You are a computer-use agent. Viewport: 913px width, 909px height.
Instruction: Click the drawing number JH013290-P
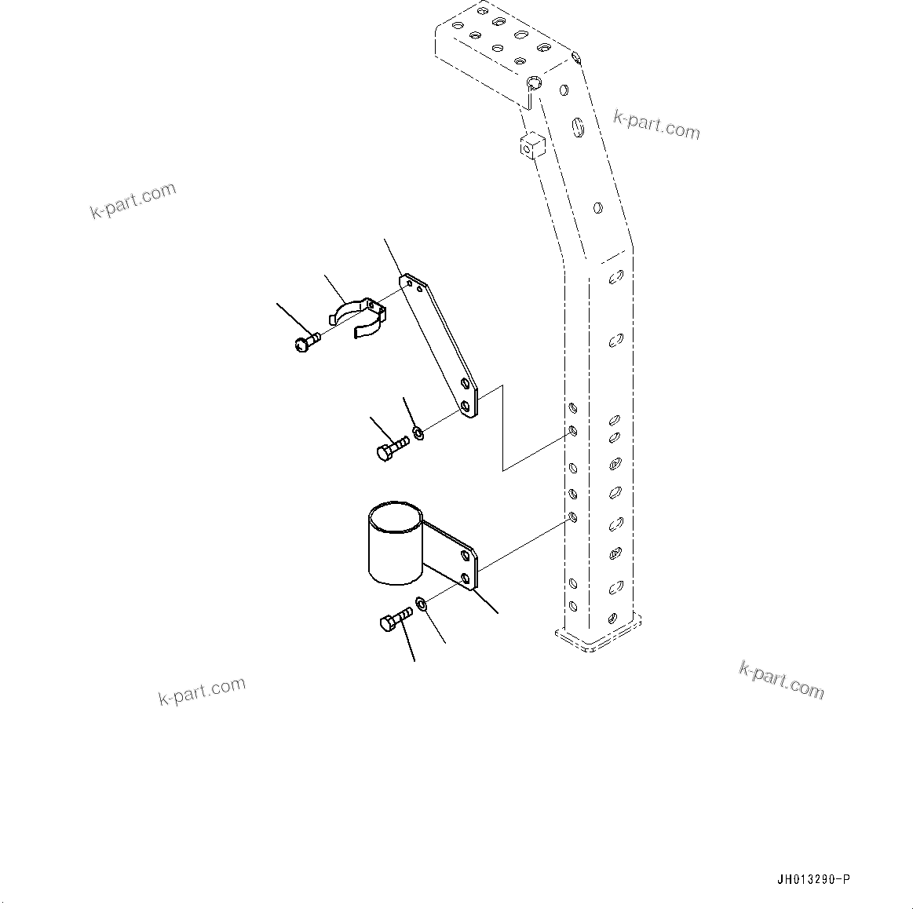click(x=813, y=879)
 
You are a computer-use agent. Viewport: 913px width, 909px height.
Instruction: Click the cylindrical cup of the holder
click(x=395, y=543)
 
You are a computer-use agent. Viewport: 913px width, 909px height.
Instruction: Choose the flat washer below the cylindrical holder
click(x=422, y=603)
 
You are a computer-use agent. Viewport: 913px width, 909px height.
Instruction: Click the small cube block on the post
click(x=531, y=145)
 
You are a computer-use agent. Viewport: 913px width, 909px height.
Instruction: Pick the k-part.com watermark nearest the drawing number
click(x=781, y=680)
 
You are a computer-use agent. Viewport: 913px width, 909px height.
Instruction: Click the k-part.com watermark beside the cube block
click(x=656, y=124)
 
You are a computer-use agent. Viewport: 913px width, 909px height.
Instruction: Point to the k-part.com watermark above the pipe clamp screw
click(x=133, y=200)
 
